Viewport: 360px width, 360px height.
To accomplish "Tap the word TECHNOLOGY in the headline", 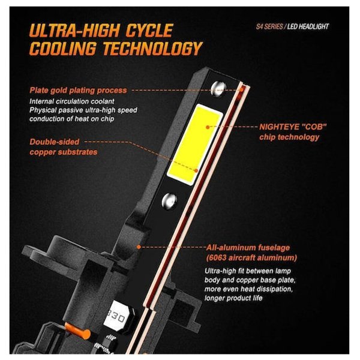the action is pos(152,49).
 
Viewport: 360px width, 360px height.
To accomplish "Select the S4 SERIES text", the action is pos(269,26).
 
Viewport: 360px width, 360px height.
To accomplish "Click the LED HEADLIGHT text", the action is pos(308,26).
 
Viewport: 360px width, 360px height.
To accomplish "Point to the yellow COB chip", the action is pos(194,144).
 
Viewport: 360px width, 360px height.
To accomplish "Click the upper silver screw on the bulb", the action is pos(218,89).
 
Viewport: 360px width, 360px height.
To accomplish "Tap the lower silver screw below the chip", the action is pos(169,201).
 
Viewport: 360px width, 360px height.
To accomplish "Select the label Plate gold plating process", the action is pos(78,90).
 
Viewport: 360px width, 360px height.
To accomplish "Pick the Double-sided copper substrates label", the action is pos(64,147).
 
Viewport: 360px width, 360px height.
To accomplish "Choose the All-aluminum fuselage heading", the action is pos(248,247).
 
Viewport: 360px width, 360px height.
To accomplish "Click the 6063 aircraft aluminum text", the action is pos(251,257).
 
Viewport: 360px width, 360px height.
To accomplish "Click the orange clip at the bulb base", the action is pos(78,331).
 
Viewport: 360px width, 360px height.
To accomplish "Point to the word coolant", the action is pos(103,101).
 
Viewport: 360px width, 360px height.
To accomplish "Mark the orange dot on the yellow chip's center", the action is pos(208,127).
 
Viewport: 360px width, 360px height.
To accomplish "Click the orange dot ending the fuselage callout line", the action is pos(139,247).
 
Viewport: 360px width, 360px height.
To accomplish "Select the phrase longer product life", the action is pos(233,298).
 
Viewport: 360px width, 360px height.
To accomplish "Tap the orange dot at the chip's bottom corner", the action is pos(196,170).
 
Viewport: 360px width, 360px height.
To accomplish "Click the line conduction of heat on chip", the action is pos(71,119).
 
